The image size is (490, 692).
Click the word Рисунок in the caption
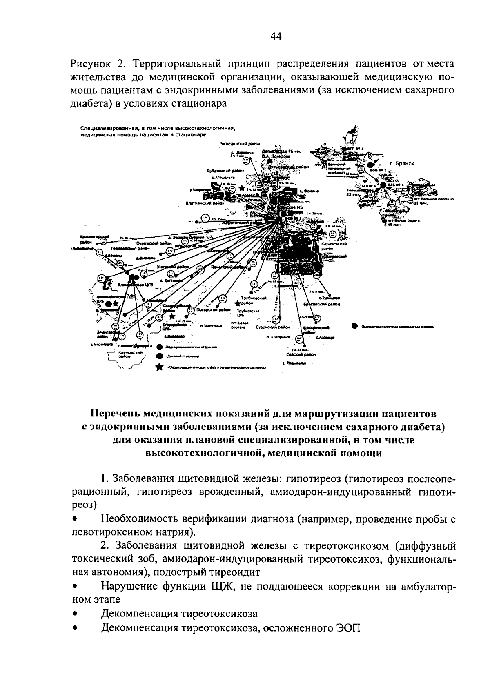click(89, 64)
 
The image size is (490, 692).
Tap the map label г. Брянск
click(402, 163)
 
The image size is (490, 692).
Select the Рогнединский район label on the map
click(240, 144)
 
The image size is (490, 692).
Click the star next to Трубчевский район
click(237, 304)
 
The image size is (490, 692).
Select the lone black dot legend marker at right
click(354, 326)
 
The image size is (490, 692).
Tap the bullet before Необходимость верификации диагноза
click(74, 519)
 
